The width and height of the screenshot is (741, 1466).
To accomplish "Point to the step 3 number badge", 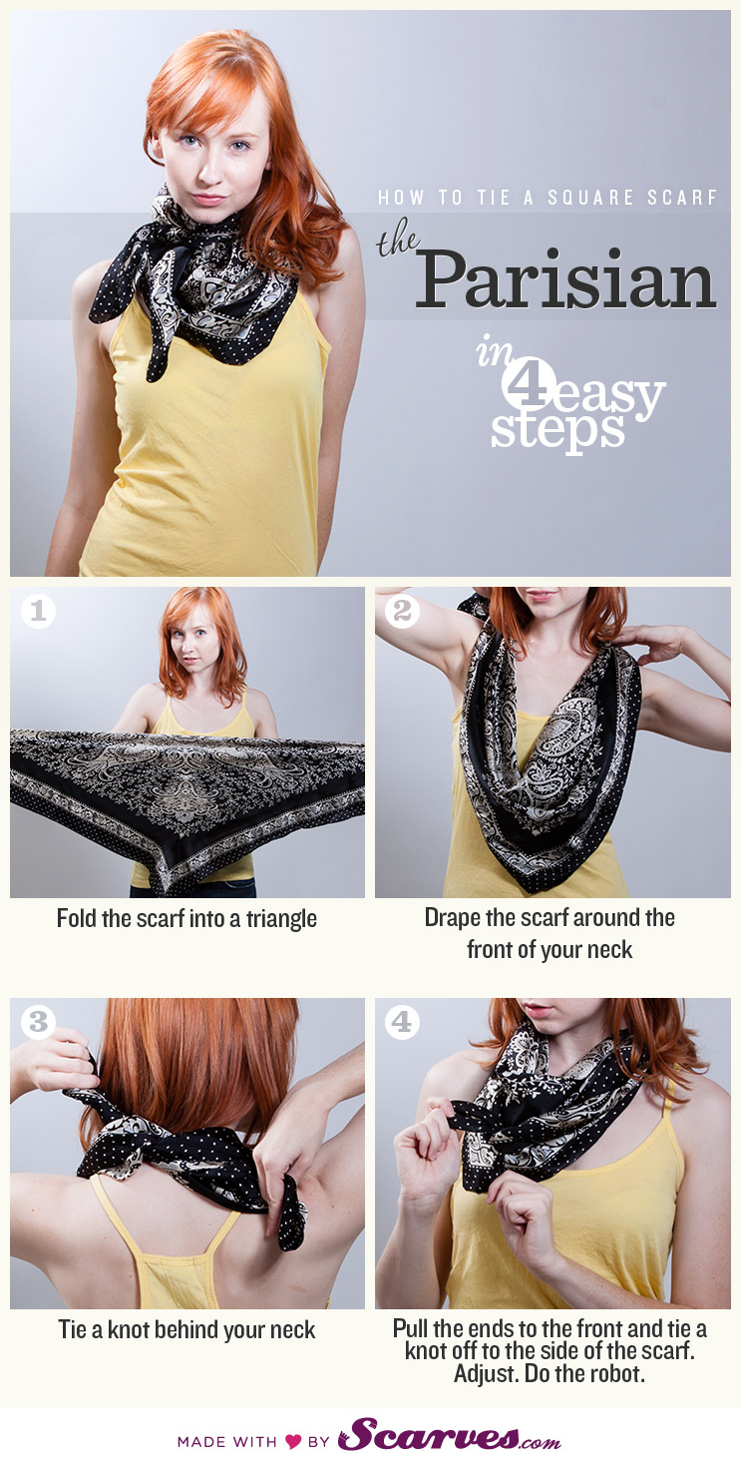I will (37, 1021).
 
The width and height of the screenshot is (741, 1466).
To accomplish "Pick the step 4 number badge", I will (402, 1021).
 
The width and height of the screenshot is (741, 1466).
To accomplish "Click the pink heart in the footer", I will (293, 1441).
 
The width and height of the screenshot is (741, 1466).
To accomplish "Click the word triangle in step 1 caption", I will (278, 919).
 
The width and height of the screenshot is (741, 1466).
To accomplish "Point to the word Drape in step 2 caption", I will (454, 917).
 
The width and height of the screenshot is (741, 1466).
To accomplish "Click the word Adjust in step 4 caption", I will (483, 1373).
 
